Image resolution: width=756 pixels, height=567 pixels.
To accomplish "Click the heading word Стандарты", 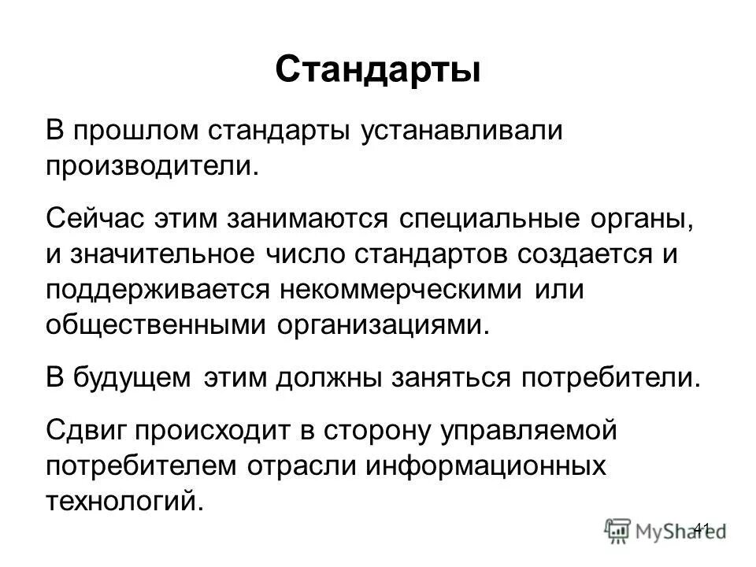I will click(x=378, y=69).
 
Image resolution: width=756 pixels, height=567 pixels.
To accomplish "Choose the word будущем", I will click(x=132, y=377).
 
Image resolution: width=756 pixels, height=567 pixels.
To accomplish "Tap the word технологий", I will click(x=124, y=501).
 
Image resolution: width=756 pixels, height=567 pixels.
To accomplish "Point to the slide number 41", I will click(x=703, y=527).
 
